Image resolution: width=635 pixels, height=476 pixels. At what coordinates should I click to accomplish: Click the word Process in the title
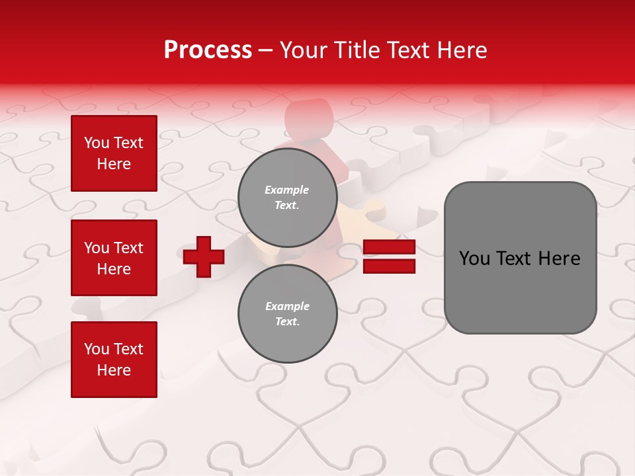coord(208,50)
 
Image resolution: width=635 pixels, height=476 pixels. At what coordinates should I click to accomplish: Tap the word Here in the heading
coord(460,50)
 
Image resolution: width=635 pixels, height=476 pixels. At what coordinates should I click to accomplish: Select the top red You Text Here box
coord(114,153)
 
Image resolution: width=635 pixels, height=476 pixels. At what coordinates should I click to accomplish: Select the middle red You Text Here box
coord(114,258)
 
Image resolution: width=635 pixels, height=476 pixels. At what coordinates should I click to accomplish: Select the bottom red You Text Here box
coord(114,360)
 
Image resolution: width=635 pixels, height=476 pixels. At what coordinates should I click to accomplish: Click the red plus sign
coord(204,257)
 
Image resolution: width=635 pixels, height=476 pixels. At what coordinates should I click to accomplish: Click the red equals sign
coord(390,257)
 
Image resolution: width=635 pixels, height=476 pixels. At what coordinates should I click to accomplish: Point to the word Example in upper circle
coord(286,190)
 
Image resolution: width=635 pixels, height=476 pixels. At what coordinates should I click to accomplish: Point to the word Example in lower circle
coord(287,306)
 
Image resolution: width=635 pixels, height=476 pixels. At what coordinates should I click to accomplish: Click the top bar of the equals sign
coord(390,247)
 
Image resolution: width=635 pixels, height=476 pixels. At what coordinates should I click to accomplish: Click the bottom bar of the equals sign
coord(390,266)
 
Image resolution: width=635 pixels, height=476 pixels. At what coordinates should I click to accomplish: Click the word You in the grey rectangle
coord(474,258)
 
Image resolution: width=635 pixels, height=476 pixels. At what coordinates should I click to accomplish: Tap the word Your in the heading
coord(303,50)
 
